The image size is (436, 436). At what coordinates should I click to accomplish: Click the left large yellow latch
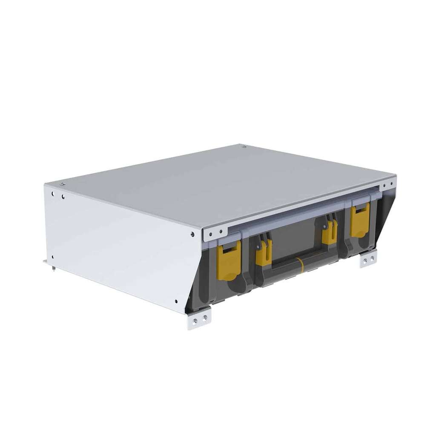pos(229,260)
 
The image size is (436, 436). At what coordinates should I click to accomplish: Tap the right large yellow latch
pos(360,220)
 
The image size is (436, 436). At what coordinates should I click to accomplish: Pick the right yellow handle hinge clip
pos(330,232)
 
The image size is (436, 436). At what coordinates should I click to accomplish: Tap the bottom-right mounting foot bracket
pos(368,259)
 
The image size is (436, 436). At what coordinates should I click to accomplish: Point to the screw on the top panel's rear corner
pos(244,146)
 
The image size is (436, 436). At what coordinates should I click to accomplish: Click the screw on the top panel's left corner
pos(62,184)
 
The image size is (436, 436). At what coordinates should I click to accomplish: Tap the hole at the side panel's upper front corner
pos(192,234)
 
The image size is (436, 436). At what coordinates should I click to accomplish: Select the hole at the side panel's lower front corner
pos(176,301)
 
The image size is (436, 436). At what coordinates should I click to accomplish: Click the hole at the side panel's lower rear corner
pos(53,257)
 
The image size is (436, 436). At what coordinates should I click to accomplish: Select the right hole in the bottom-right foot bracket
pos(372,258)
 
